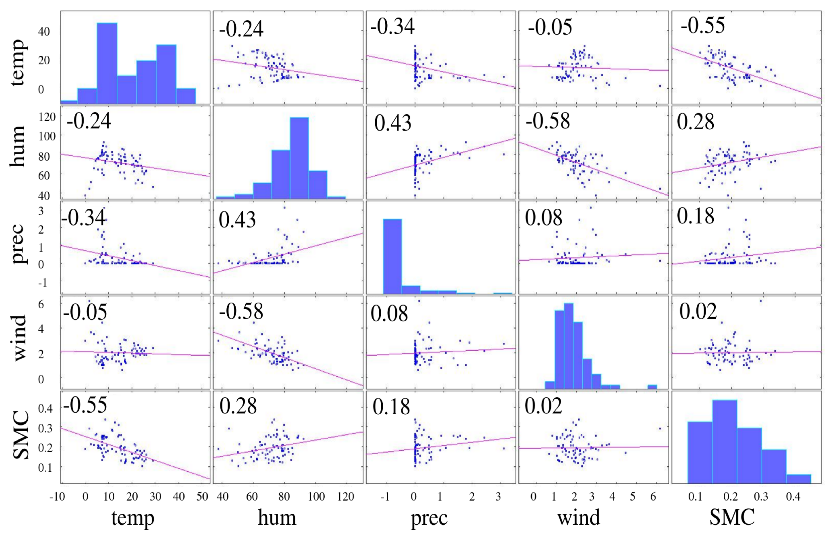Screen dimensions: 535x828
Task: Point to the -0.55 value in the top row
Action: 702,25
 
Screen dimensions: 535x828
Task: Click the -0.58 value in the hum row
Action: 547,121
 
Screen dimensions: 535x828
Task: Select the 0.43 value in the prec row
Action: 237,220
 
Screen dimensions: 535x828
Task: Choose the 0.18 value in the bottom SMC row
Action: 391,407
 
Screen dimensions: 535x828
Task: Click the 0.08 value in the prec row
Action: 543,218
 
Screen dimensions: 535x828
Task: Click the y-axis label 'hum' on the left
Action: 17,147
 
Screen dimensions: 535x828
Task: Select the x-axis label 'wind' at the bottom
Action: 579,517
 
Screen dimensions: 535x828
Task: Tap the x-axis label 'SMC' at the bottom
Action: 732,517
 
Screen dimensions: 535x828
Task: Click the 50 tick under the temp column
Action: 202,496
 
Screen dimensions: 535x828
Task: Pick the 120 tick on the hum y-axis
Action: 47,117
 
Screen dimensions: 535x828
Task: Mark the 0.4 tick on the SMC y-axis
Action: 45,408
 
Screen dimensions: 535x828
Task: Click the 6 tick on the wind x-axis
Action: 653,496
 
